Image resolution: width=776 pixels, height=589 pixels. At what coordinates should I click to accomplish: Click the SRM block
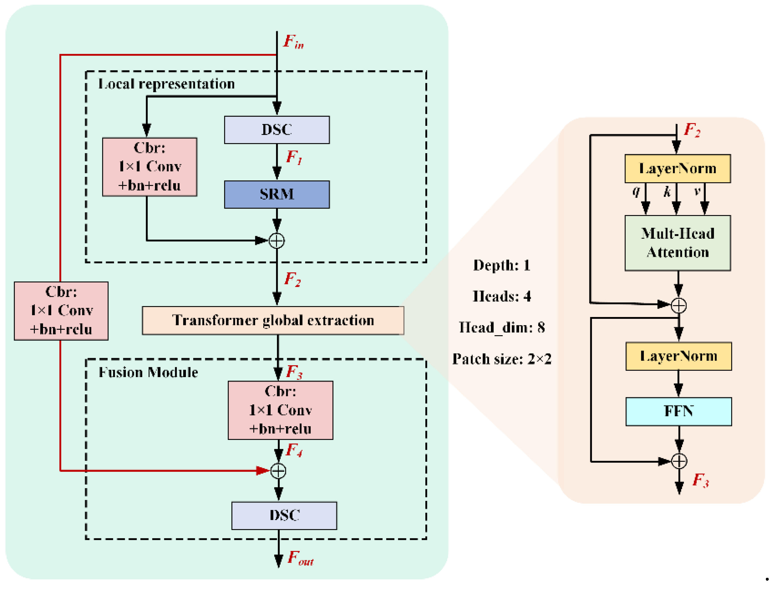[277, 195]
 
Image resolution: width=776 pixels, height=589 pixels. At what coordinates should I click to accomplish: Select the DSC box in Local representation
[277, 130]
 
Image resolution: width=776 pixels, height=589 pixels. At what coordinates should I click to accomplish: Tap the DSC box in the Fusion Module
[284, 515]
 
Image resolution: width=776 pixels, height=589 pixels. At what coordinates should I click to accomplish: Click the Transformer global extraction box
[273, 320]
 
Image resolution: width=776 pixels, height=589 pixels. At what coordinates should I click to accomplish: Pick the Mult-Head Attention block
[677, 243]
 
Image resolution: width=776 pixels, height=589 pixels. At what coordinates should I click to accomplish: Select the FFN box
[678, 411]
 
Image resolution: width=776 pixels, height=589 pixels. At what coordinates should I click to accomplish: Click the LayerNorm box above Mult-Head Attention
[677, 169]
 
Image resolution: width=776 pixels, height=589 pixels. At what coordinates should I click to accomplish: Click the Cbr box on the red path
[61, 311]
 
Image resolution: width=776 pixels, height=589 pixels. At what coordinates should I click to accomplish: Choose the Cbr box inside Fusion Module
[280, 410]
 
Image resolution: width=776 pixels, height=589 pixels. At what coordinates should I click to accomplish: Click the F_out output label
[300, 558]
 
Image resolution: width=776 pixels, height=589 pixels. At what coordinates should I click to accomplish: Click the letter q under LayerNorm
[636, 191]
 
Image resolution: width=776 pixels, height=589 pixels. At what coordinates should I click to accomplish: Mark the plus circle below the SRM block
[277, 241]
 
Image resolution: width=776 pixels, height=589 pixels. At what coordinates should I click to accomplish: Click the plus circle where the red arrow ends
[278, 471]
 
